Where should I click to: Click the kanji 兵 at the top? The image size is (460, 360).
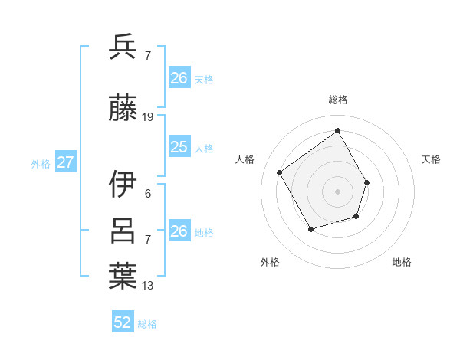[123, 47]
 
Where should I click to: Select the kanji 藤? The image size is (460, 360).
[123, 109]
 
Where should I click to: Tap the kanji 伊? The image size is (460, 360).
[123, 183]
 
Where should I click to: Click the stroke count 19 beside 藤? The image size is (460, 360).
[148, 117]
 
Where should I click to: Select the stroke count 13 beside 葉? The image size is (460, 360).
[148, 286]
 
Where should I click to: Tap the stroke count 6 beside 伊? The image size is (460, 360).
[148, 193]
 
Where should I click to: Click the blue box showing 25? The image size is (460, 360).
[179, 147]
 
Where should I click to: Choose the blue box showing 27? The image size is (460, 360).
[65, 162]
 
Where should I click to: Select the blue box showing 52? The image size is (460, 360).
[123, 322]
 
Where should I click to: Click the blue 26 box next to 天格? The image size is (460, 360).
[179, 78]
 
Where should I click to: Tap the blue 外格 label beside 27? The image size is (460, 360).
[40, 163]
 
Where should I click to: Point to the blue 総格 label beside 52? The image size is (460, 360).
[147, 324]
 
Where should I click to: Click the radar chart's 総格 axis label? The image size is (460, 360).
[337, 100]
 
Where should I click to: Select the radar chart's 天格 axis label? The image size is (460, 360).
[431, 159]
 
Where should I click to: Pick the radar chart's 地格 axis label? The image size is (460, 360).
[402, 262]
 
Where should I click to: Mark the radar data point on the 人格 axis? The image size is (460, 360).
[280, 172]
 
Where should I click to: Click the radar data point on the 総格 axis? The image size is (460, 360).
[337, 130]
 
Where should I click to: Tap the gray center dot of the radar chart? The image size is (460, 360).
[337, 191]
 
